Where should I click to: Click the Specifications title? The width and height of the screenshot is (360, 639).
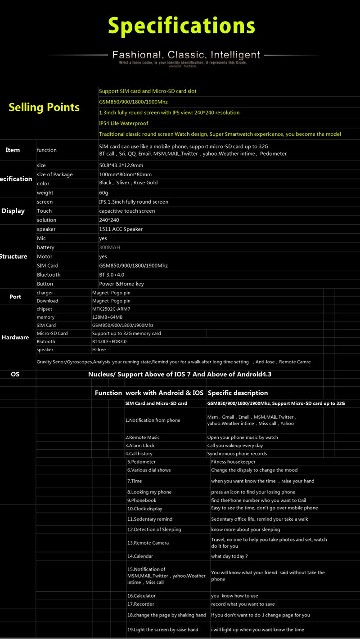tap(181, 26)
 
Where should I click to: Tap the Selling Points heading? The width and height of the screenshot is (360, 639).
tap(44, 107)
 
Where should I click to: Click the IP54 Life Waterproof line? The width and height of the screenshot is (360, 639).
tap(123, 123)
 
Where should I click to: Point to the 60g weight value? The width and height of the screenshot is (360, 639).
tap(103, 193)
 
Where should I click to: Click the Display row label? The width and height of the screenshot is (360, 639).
tap(13, 211)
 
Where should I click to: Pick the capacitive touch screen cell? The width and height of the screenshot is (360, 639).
tap(127, 211)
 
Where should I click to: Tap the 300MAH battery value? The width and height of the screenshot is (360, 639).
tap(109, 247)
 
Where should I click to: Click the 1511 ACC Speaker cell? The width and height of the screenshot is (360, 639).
tap(121, 229)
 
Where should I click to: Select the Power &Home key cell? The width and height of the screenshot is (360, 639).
tap(121, 284)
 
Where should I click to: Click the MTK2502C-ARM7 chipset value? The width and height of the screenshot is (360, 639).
tap(111, 309)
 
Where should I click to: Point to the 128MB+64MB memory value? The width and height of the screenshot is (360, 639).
tap(107, 317)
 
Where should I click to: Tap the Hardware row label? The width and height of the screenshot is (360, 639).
tap(15, 337)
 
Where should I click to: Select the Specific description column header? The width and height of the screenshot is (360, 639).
tap(238, 393)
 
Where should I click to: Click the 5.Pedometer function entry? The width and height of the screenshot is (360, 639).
tap(141, 462)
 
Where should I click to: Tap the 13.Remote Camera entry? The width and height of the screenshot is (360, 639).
tap(148, 543)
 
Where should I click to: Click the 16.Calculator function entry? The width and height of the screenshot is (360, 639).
tap(141, 596)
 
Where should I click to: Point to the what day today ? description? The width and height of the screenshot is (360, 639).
tap(229, 556)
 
